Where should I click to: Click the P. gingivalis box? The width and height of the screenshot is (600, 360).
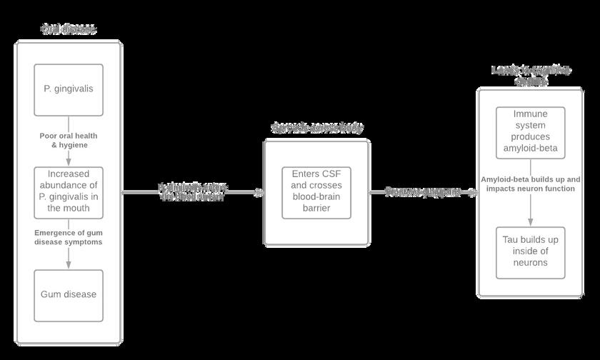[69, 89]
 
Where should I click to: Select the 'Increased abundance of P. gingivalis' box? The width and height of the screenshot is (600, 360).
[69, 192]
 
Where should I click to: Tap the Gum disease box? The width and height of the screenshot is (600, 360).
[69, 294]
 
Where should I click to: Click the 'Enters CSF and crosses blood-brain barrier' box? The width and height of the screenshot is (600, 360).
[316, 192]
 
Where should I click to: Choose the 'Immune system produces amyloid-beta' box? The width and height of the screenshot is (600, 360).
[530, 133]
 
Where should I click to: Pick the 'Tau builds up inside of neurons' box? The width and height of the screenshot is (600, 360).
[530, 252]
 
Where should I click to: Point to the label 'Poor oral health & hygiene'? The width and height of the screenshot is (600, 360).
[69, 139]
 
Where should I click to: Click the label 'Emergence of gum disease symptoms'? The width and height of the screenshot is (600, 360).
[69, 237]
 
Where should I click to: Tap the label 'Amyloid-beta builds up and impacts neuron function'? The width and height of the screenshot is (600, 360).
[530, 184]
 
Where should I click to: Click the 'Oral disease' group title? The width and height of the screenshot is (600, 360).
[69, 29]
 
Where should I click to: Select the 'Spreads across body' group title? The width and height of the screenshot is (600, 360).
[316, 128]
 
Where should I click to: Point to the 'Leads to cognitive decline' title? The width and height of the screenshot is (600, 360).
[530, 75]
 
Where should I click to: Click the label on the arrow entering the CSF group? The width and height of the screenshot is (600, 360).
[193, 191]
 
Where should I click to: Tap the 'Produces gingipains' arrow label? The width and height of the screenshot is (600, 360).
[423, 191]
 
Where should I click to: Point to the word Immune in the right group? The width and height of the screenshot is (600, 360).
[530, 114]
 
